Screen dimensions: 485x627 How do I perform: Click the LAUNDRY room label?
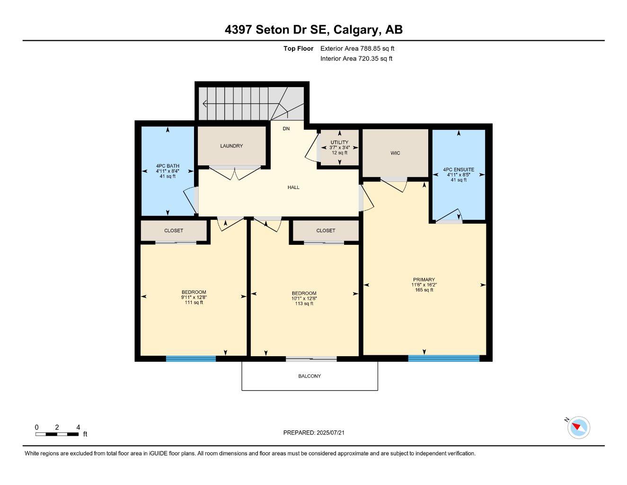point(231,146)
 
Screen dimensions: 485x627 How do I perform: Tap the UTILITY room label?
point(339,143)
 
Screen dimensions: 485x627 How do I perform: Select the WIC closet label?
point(395,153)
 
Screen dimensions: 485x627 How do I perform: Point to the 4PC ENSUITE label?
point(458,170)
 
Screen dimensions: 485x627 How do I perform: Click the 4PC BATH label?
point(168,166)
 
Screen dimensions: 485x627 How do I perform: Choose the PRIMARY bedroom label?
point(424,280)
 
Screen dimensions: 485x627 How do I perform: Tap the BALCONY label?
point(309,376)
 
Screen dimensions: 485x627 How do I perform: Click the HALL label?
point(293,188)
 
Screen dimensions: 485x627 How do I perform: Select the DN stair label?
point(286,129)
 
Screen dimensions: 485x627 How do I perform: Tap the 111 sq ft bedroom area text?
point(194,303)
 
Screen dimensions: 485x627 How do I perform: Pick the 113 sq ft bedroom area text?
point(304,304)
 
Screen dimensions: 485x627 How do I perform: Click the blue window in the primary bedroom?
point(443,359)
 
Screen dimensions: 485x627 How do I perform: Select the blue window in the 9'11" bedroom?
point(191,359)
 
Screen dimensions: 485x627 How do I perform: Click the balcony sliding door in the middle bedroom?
point(311,359)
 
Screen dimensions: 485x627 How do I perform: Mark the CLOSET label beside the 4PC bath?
point(174,231)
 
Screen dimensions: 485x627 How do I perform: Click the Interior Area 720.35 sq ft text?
point(356,59)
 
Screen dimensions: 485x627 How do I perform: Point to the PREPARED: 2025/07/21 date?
point(317,432)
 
